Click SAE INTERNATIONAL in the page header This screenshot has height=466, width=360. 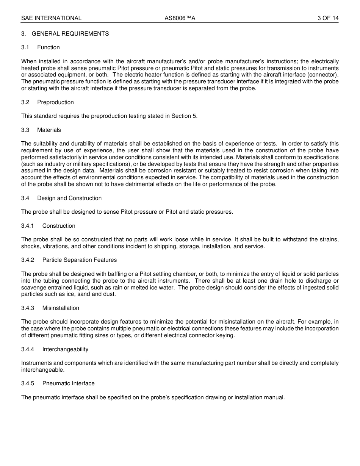coord(51,18)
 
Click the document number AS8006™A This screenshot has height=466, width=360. coord(180,18)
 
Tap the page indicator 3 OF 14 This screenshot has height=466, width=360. coord(328,18)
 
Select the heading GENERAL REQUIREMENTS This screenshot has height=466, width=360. coord(70,34)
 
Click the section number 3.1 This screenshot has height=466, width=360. coord(25,47)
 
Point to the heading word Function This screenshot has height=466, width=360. coord(49,47)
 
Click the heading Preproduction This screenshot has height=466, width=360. coord(55,102)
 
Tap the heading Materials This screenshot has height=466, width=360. coord(49,130)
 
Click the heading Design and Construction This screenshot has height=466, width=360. coord(69,198)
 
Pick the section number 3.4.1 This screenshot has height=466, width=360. coord(28,226)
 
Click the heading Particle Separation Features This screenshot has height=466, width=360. coord(80,260)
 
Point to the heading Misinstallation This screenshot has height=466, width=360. coord(61,308)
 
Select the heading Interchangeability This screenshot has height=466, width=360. coord(65,349)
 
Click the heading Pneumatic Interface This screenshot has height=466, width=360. coord(69,383)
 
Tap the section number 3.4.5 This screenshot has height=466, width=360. coord(28,383)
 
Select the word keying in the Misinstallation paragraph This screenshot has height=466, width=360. coord(226,335)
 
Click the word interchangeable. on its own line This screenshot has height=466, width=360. coord(43,370)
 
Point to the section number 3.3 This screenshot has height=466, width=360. coord(25,130)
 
